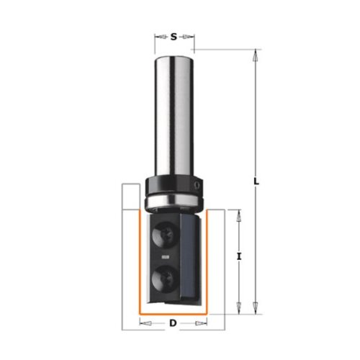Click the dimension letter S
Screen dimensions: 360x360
174,37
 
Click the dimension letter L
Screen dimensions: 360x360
256,181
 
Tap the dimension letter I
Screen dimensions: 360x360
238,257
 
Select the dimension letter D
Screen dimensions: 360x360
173,323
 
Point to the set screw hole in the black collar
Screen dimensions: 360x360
197,185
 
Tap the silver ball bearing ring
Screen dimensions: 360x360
174,201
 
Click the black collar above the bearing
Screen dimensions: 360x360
174,184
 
